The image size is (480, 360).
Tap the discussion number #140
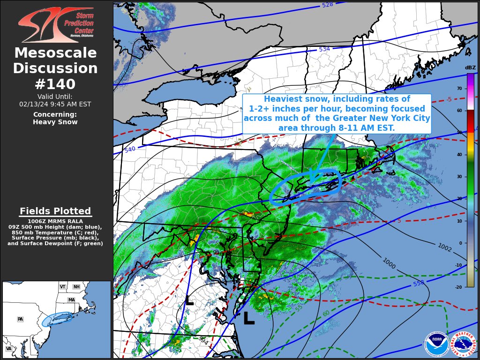[55, 84]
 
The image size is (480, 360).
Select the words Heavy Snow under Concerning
[55, 122]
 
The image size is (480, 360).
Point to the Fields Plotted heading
[55, 211]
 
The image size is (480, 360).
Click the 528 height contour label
[327, 5]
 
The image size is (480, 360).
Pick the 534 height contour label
[324, 49]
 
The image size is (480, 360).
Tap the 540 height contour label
[130, 150]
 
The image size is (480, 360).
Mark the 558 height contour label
[419, 284]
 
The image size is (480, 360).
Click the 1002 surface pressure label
[444, 247]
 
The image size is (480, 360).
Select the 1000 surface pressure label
[389, 263]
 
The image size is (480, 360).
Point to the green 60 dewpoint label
[326, 314]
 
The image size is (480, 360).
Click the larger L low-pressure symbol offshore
[249, 318]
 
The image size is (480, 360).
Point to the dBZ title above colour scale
[470, 67]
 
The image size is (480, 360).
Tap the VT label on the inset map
[62, 287]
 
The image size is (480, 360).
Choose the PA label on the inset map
[20, 319]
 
